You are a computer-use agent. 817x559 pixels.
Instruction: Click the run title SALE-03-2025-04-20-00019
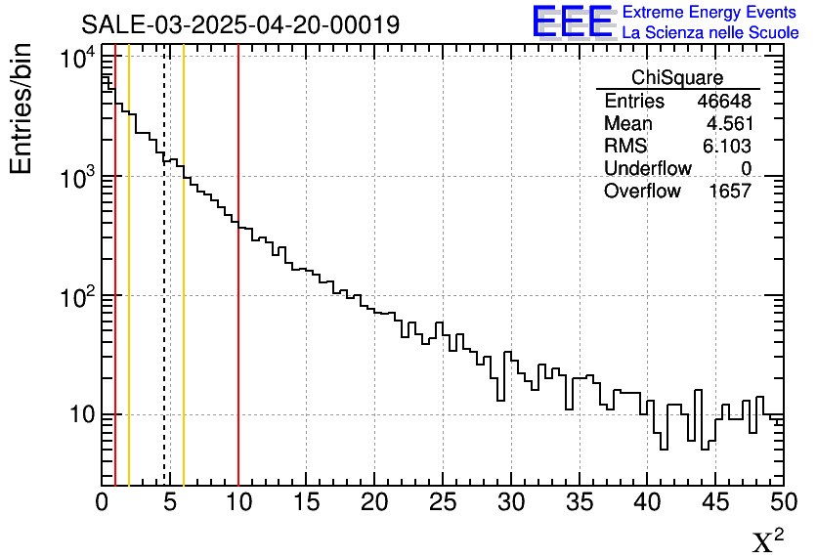click(239, 24)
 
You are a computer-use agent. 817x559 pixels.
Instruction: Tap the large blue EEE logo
click(572, 22)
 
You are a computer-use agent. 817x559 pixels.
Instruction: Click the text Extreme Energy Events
click(710, 13)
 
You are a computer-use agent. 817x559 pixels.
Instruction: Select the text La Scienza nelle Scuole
click(710, 33)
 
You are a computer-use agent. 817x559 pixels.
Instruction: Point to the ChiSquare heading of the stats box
click(676, 78)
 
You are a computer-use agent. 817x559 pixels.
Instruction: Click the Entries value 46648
click(723, 102)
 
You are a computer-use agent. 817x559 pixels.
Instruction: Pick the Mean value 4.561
click(728, 124)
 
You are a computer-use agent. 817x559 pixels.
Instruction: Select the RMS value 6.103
click(726, 147)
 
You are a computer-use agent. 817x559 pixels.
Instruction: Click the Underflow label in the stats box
click(647, 169)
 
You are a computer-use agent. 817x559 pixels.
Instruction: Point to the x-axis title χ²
click(767, 540)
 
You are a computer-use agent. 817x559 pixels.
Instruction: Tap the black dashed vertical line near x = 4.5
click(163, 293)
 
